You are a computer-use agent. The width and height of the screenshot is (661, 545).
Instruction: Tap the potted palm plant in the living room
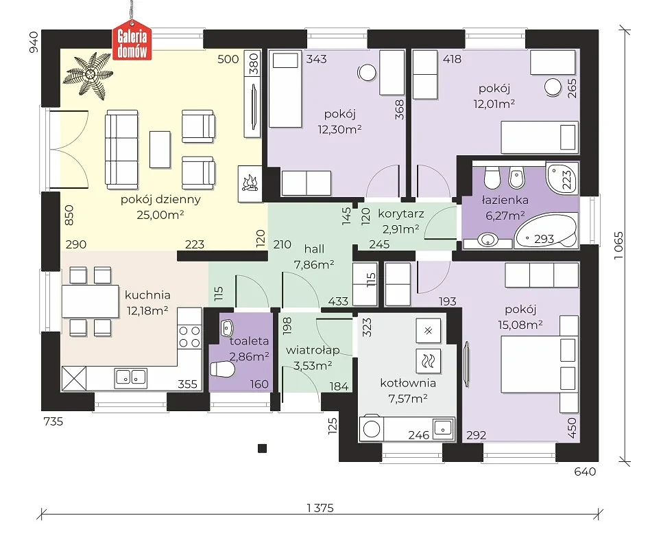(x=88, y=76)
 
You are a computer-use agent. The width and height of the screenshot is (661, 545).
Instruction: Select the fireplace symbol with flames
(x=250, y=184)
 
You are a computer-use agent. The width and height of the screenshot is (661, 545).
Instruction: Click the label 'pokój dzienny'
(x=160, y=199)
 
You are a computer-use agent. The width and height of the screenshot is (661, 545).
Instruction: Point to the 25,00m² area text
(x=160, y=215)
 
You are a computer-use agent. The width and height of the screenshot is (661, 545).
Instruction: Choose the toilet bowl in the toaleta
(x=222, y=369)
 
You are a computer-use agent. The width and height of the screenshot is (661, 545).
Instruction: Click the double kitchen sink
(x=131, y=378)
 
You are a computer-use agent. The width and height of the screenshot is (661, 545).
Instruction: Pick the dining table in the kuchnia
(x=91, y=301)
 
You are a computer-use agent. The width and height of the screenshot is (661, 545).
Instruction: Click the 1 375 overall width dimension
(x=320, y=508)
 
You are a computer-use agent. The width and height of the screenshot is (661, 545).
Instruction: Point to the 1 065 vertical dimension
(x=618, y=245)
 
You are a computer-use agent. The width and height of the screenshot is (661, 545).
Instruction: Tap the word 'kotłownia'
(x=408, y=383)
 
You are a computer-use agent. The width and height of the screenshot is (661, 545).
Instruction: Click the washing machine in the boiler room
(x=372, y=429)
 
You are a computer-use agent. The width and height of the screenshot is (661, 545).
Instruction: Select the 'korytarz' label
(x=400, y=213)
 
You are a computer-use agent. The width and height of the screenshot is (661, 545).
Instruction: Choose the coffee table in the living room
(x=160, y=150)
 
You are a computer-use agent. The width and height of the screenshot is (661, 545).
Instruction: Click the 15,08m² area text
(x=520, y=325)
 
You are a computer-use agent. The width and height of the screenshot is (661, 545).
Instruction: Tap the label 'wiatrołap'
(x=313, y=350)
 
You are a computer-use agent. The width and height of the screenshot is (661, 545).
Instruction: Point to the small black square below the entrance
(x=262, y=449)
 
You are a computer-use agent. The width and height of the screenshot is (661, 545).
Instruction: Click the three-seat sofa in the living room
(x=122, y=150)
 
